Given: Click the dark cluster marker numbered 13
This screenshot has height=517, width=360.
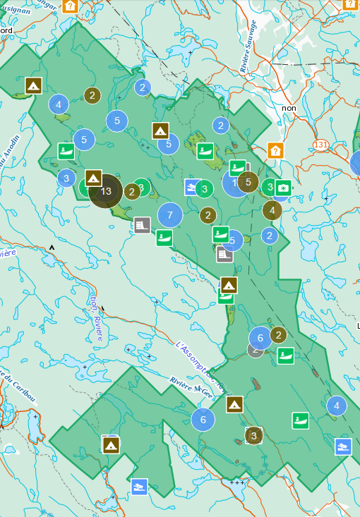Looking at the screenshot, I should (106, 190).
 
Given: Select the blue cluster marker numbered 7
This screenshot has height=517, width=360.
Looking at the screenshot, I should (170, 214).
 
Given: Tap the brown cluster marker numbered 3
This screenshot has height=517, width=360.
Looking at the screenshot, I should (254, 436).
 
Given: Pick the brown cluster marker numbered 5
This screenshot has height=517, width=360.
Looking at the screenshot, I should (248, 182).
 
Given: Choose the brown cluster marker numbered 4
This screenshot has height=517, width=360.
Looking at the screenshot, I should (272, 209).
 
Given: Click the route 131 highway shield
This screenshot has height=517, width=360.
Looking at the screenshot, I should (321, 145).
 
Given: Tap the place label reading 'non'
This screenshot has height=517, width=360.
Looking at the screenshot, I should (289, 108).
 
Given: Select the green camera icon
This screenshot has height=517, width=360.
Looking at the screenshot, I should (283, 188).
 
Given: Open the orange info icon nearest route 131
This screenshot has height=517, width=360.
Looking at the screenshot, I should (275, 150).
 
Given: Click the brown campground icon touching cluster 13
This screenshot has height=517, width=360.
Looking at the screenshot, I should (93, 177).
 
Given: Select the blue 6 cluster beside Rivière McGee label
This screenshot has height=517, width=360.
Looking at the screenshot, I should (203, 420).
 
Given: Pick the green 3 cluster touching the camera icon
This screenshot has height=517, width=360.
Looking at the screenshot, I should (269, 187).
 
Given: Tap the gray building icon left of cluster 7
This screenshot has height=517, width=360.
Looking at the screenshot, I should (142, 225).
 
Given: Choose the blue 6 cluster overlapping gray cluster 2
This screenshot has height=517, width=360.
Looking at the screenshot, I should (260, 338).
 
